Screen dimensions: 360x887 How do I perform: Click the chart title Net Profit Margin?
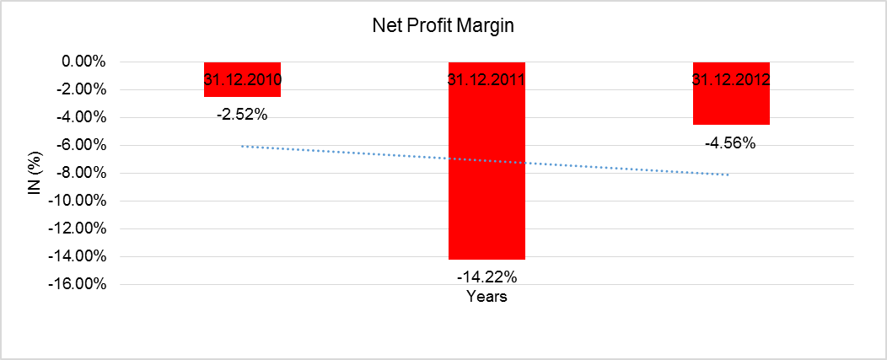pos(443,26)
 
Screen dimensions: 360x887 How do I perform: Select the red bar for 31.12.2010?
pos(242,91)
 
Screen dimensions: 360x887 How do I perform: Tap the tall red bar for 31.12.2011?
pos(487,169)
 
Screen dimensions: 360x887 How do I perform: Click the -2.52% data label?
pos(242,115)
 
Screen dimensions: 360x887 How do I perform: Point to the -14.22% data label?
pos(487,277)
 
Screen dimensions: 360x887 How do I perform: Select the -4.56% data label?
pos(731,142)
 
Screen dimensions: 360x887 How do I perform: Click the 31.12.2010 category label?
pos(242,80)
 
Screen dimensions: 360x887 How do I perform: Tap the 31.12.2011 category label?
pos(487,80)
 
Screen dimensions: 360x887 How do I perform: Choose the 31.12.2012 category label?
pos(731,80)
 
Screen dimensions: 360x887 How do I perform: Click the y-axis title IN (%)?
pos(35,172)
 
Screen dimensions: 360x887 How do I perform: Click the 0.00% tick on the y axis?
pos(81,62)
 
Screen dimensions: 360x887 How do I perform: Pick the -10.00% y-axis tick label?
pos(77,201)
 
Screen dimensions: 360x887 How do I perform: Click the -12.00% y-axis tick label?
pos(77,228)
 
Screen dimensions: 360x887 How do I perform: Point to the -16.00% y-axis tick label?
pos(77,284)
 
